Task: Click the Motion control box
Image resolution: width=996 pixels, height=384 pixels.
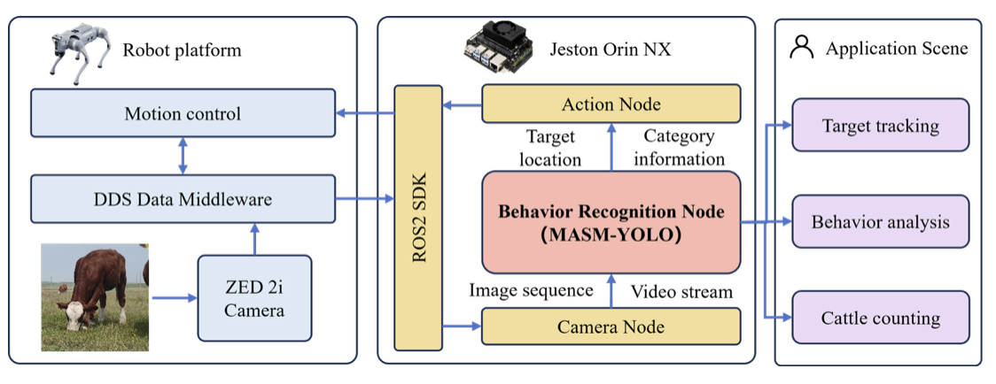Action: (x=183, y=113)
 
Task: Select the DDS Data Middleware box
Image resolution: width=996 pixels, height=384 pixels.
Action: (x=183, y=199)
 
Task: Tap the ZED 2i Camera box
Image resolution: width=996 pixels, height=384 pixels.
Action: (x=254, y=297)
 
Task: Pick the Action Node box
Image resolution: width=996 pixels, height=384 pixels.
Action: (x=611, y=104)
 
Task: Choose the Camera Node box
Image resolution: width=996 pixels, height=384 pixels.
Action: (x=611, y=326)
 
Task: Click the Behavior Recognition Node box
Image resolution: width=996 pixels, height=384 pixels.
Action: (x=611, y=222)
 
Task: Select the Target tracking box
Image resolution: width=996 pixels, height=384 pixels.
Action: (x=880, y=126)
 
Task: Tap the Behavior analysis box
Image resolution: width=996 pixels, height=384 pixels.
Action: (x=880, y=221)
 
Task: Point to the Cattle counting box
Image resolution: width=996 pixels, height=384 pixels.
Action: (x=880, y=318)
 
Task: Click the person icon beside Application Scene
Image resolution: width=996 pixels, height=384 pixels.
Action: (x=801, y=48)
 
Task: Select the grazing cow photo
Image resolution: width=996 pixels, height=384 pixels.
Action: (x=95, y=297)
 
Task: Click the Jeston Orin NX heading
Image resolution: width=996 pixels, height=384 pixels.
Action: (x=611, y=50)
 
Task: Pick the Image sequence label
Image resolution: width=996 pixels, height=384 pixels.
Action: (x=531, y=290)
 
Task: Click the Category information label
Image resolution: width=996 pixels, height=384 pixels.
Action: (x=683, y=148)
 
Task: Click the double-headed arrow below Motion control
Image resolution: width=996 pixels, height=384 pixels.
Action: (x=183, y=156)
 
